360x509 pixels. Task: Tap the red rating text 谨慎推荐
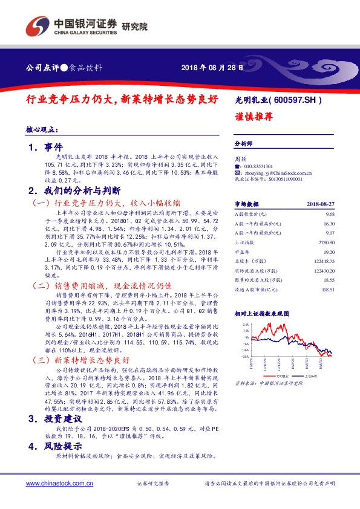[x=252, y=117]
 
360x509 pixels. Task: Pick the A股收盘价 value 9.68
[x=330, y=215]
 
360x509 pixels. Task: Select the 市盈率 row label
[x=241, y=251]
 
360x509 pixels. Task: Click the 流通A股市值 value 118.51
[x=327, y=290]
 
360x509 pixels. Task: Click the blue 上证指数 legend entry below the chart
[x=313, y=376]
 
